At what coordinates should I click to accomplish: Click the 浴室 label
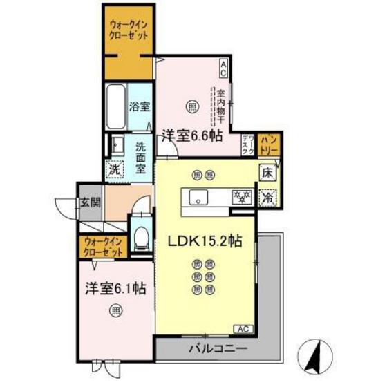(140, 106)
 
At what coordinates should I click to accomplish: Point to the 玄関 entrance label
(90, 202)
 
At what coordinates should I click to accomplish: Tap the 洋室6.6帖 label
(192, 135)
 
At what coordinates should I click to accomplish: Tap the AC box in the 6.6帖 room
(224, 66)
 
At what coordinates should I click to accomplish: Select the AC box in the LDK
(244, 328)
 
